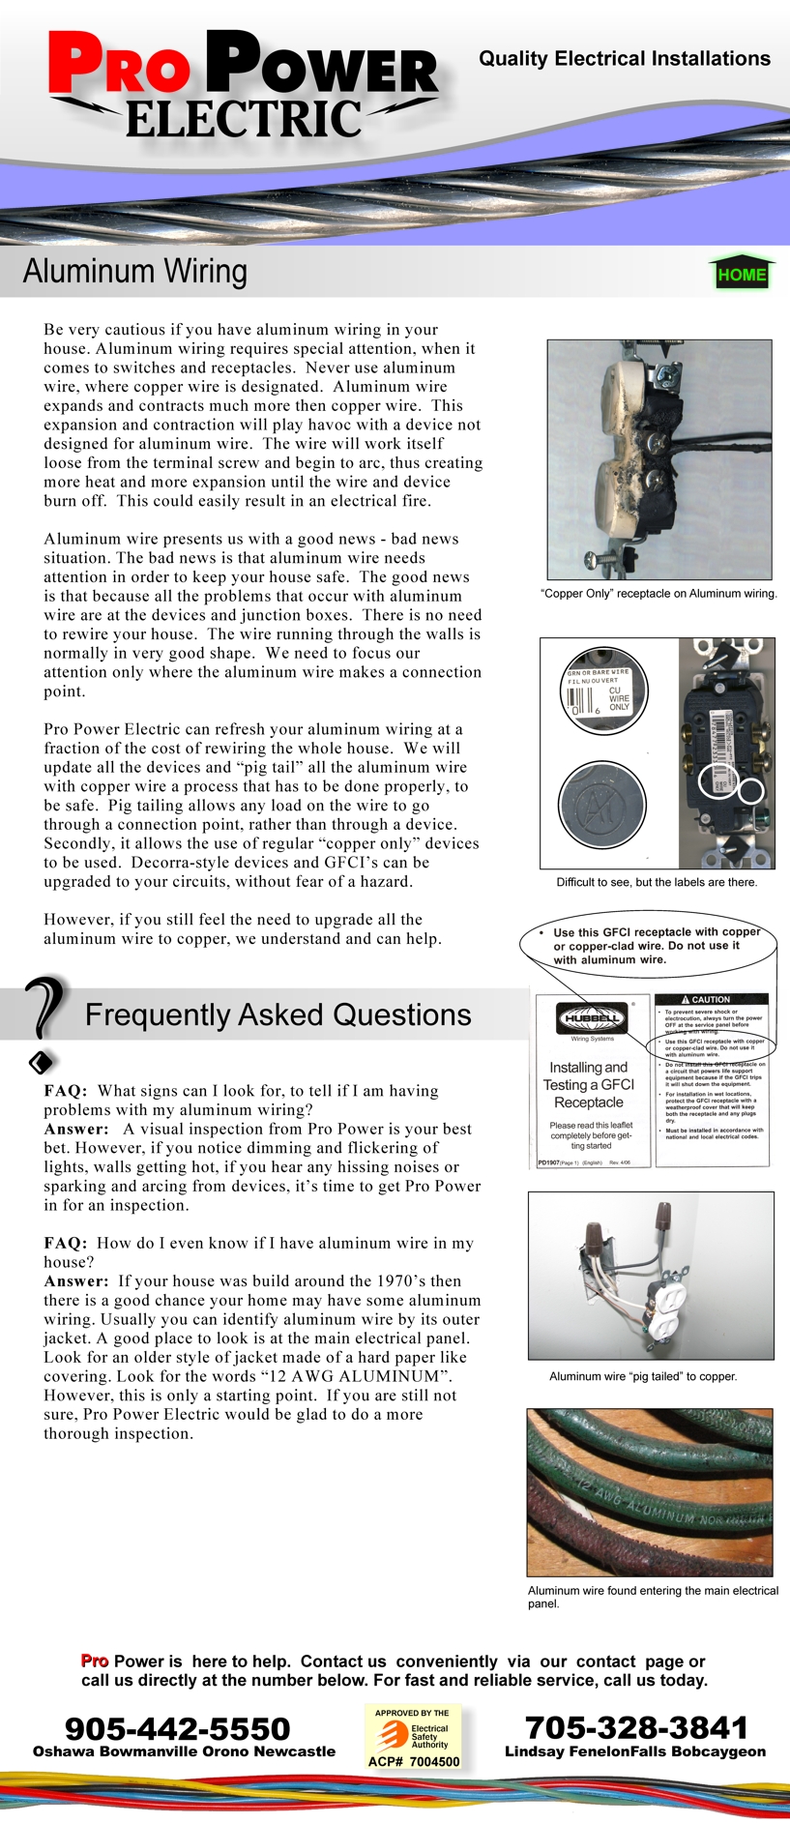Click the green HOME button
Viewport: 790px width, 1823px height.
point(742,274)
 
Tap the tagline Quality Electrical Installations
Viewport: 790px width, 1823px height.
point(625,59)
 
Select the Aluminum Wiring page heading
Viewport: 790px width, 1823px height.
point(135,272)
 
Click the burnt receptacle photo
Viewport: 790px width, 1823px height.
point(659,459)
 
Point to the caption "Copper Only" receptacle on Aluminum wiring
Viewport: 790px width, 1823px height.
point(658,594)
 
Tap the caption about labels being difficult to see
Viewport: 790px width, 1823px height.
point(657,882)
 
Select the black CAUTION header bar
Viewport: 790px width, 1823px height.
point(711,999)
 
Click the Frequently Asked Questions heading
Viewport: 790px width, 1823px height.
point(278,1014)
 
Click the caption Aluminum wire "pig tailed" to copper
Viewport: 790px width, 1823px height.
point(643,1376)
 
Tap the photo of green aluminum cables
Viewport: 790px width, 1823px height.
point(650,1492)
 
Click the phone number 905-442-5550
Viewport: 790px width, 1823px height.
point(178,1728)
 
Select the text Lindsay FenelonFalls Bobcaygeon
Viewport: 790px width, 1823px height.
point(635,1751)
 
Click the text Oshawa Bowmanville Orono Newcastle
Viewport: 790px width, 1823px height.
point(184,1751)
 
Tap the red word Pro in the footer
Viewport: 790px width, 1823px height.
point(95,1661)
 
